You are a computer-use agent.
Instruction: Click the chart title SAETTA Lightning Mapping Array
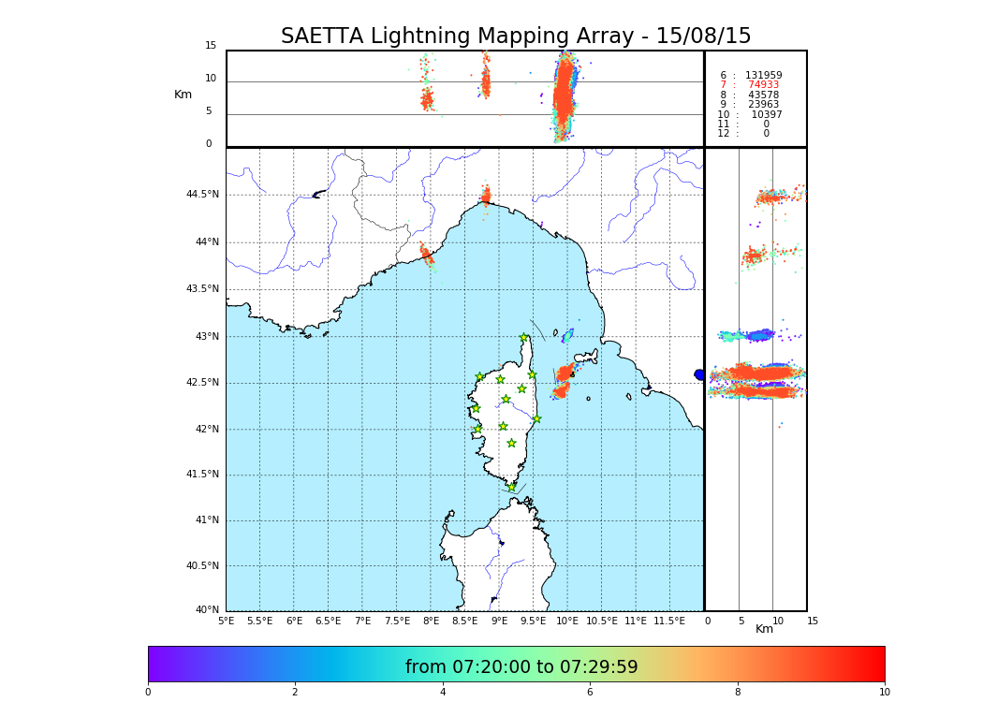(x=516, y=37)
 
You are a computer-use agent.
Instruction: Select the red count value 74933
(x=763, y=85)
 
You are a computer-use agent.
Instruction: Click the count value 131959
(x=763, y=75)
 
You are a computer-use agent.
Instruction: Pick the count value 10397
(x=766, y=114)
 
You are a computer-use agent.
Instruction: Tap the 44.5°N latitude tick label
(x=202, y=195)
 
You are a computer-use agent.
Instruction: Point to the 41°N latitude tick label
(x=206, y=520)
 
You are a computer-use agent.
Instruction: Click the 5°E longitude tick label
(x=226, y=621)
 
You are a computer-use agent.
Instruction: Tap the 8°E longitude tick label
(x=431, y=621)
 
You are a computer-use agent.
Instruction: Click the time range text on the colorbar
(x=521, y=667)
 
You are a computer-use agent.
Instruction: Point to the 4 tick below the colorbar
(x=443, y=693)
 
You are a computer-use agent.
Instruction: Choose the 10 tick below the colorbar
(x=884, y=693)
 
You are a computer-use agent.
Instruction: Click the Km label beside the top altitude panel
(x=183, y=95)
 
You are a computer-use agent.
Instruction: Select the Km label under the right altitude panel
(x=764, y=629)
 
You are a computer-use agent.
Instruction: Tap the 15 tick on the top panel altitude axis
(x=211, y=46)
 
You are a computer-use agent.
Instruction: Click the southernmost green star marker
(x=512, y=487)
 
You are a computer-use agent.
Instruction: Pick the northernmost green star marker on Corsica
(x=524, y=338)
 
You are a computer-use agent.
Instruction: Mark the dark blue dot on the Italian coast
(x=698, y=374)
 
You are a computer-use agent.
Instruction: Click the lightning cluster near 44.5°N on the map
(x=486, y=196)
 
